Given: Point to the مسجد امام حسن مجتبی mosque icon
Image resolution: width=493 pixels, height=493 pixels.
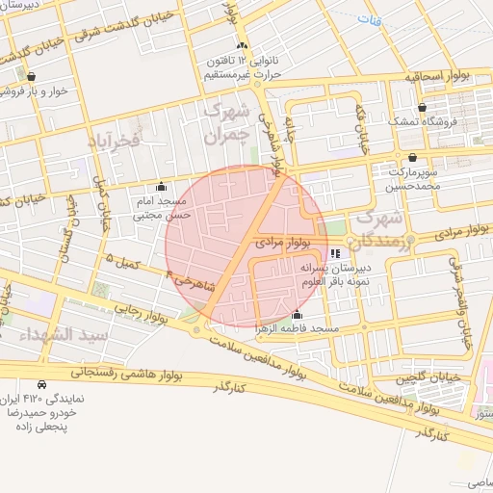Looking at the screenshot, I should point(160,188).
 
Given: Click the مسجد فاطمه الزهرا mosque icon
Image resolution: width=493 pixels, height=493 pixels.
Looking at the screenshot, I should point(296,316).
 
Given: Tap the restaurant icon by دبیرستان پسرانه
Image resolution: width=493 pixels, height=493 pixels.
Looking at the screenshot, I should point(334,253).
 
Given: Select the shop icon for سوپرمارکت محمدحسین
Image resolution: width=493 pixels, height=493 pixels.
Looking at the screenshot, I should point(413,157).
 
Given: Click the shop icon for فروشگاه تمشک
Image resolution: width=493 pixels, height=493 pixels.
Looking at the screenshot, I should point(422,107).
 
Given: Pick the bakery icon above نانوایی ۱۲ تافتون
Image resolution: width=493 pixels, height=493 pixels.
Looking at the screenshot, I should point(242,45).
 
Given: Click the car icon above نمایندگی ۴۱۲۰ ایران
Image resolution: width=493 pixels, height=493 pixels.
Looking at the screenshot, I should point(40,384).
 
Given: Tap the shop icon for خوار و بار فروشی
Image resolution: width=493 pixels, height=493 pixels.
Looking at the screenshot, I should point(32,76).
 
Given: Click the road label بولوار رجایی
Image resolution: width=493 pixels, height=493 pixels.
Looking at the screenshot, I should point(143,315).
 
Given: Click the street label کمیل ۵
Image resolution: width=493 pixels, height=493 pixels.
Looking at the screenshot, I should point(122,261).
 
